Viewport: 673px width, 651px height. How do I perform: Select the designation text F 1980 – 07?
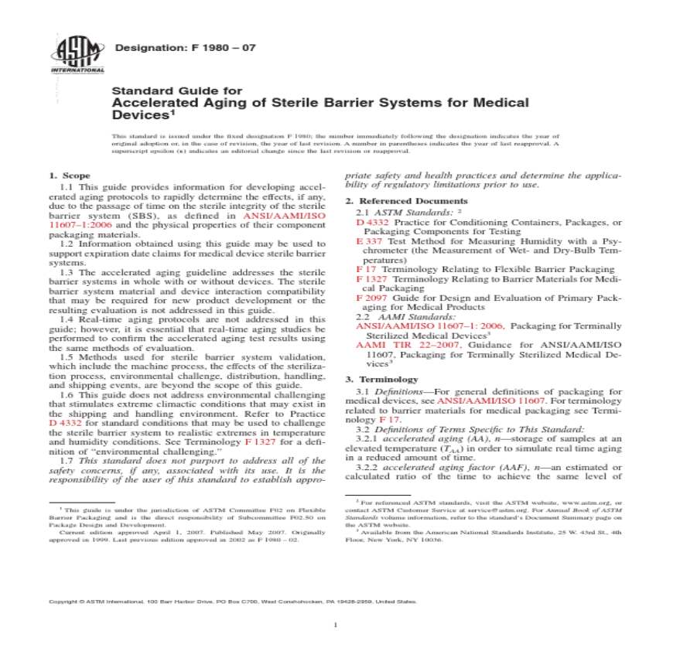185,48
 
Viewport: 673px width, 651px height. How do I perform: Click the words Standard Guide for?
166,90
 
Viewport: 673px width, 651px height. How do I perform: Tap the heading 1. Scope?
70,176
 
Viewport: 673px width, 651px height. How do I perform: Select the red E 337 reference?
365,241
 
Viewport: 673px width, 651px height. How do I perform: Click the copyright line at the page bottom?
232,601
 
